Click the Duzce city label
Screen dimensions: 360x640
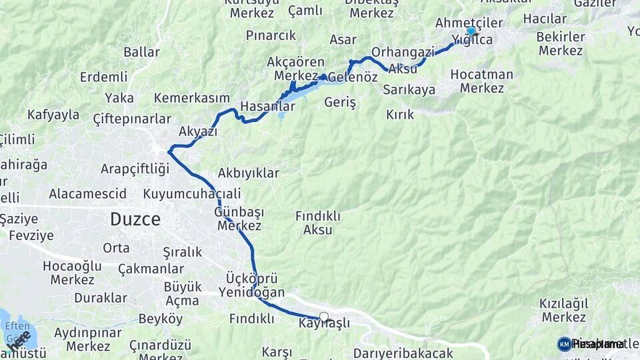pyautogui.click(x=135, y=219)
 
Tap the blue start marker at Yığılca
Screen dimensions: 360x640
pyautogui.click(x=471, y=31)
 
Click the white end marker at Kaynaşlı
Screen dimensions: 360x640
pyautogui.click(x=324, y=317)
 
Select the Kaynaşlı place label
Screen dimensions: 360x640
pyautogui.click(x=325, y=323)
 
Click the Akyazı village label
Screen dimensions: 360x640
pyautogui.click(x=199, y=131)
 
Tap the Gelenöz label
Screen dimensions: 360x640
pyautogui.click(x=353, y=77)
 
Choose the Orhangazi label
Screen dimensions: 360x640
pyautogui.click(x=403, y=51)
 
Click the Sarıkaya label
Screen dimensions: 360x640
pyautogui.click(x=410, y=90)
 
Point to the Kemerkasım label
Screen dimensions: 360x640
pyautogui.click(x=191, y=98)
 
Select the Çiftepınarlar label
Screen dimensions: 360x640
pyautogui.click(x=131, y=119)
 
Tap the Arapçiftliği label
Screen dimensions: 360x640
pyautogui.click(x=135, y=169)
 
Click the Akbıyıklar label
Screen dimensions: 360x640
pyautogui.click(x=248, y=173)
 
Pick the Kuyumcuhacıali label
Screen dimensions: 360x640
pyautogui.click(x=191, y=194)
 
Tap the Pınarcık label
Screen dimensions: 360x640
pyautogui.click(x=270, y=35)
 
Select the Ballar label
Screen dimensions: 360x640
pyautogui.click(x=141, y=52)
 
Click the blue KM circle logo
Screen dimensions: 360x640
pyautogui.click(x=564, y=344)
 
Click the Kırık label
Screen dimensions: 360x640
pyautogui.click(x=400, y=115)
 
